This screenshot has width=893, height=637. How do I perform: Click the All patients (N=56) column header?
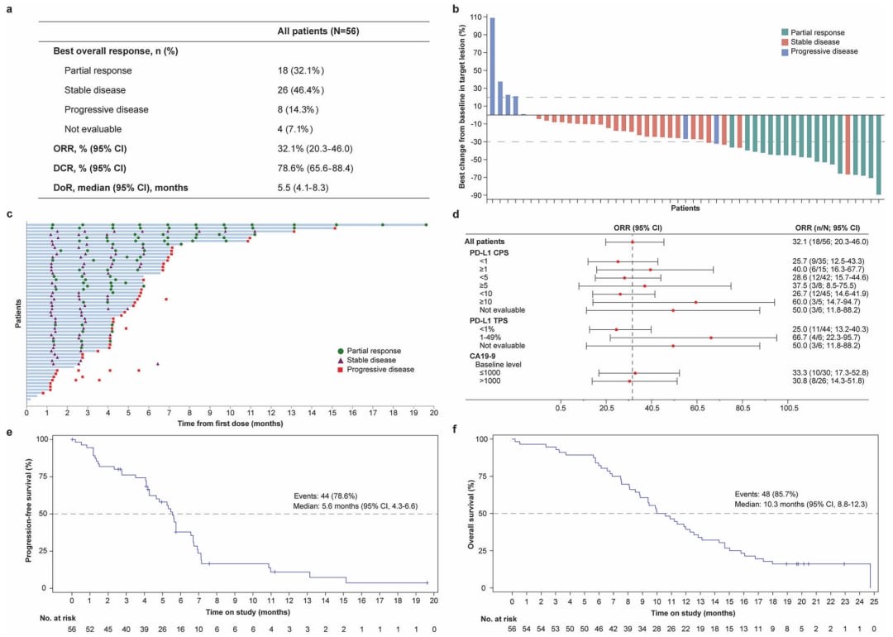tap(318, 31)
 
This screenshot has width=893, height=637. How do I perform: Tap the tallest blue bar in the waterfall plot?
tap(492, 66)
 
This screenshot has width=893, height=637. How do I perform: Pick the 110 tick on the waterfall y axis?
tap(475, 17)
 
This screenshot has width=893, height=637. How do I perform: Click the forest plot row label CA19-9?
tap(481, 356)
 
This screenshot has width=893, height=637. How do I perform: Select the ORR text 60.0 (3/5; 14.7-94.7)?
tap(826, 302)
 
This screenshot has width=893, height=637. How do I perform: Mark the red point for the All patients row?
tap(632, 242)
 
